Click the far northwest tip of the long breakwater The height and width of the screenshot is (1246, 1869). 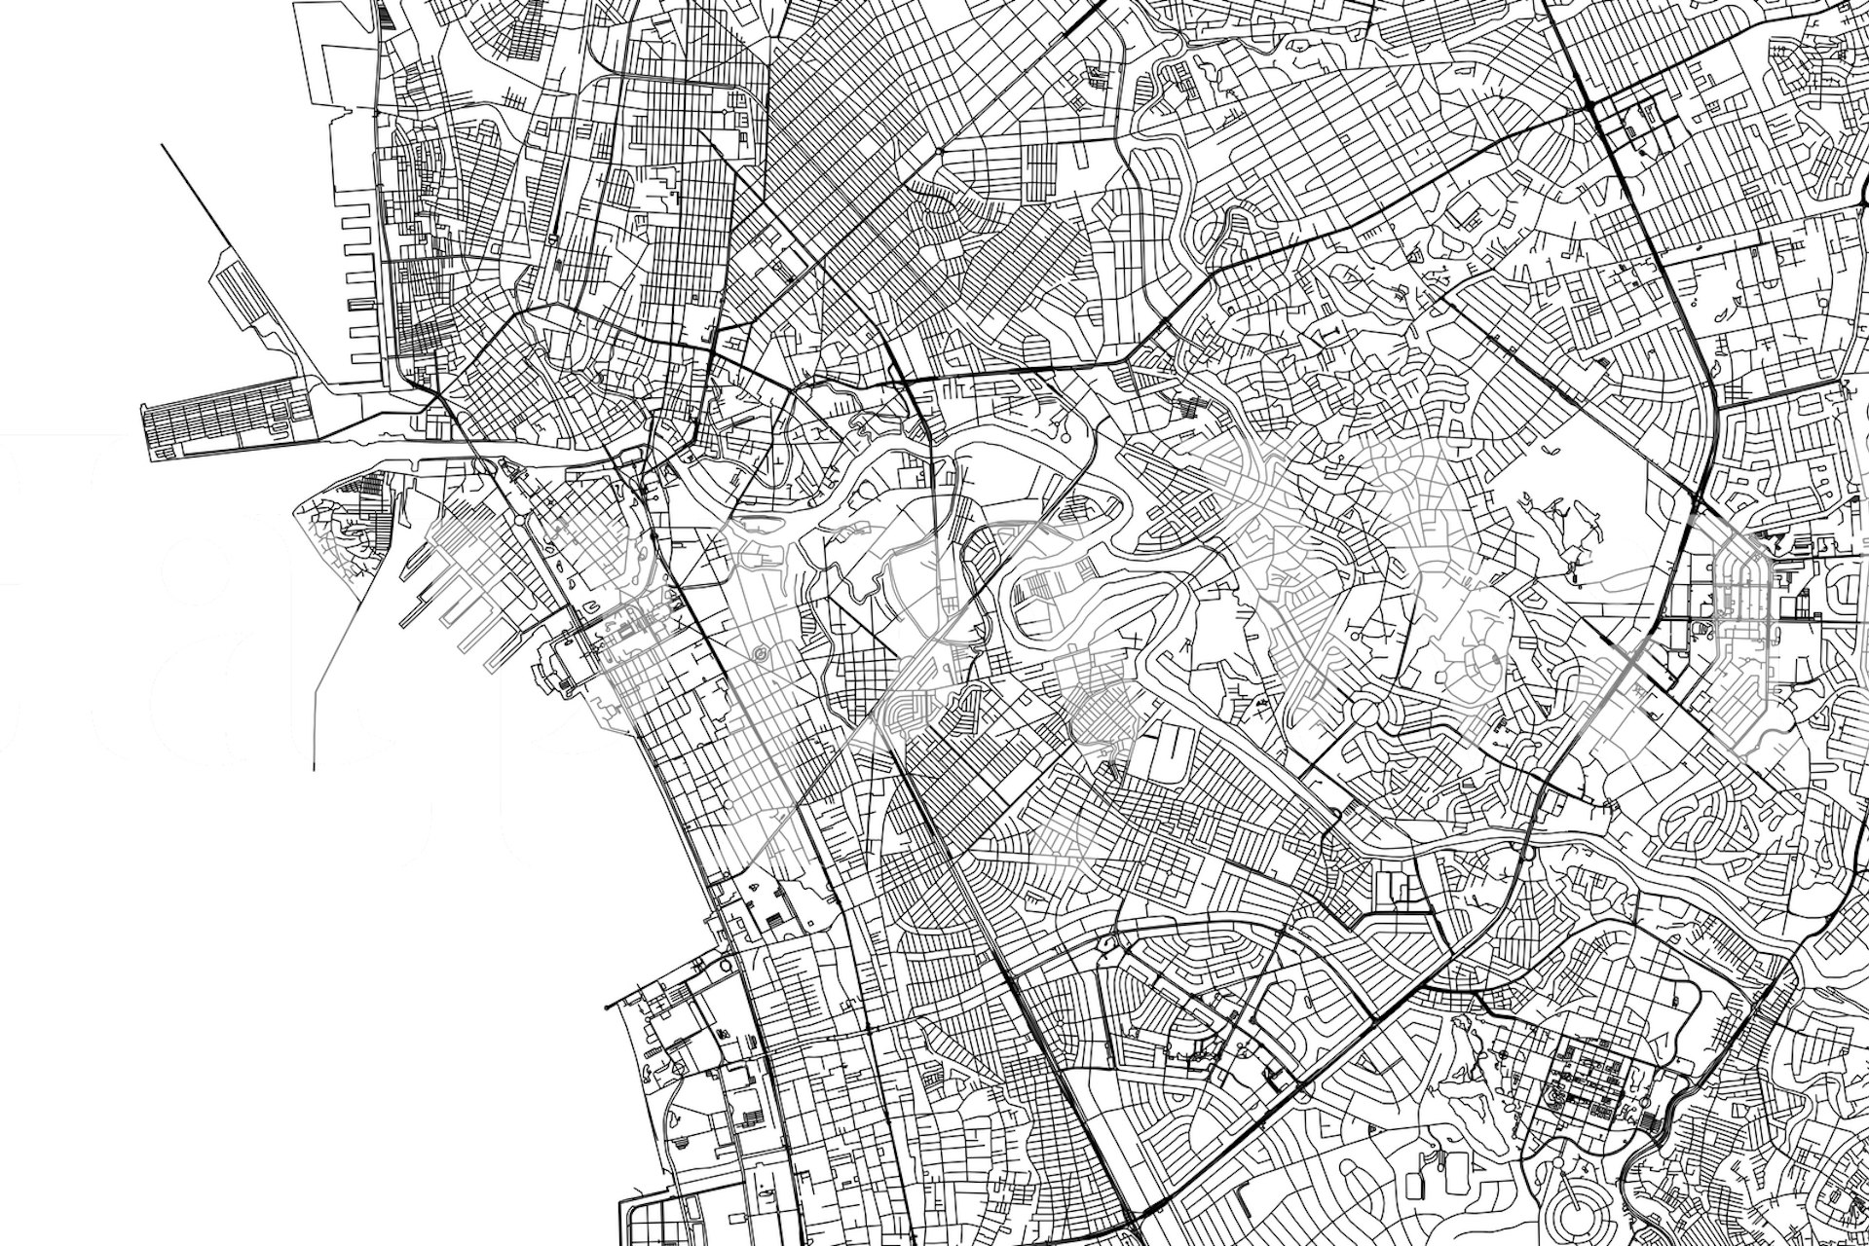(162, 146)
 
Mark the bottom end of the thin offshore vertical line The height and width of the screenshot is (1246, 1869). (314, 769)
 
